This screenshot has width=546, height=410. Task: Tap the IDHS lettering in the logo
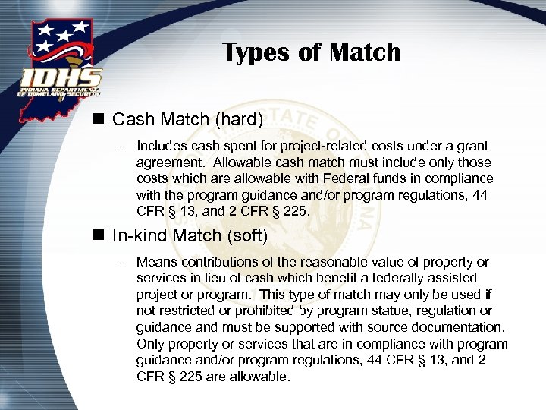point(61,78)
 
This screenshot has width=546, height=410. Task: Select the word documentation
point(458,328)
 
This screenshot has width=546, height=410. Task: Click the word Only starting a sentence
point(150,344)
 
